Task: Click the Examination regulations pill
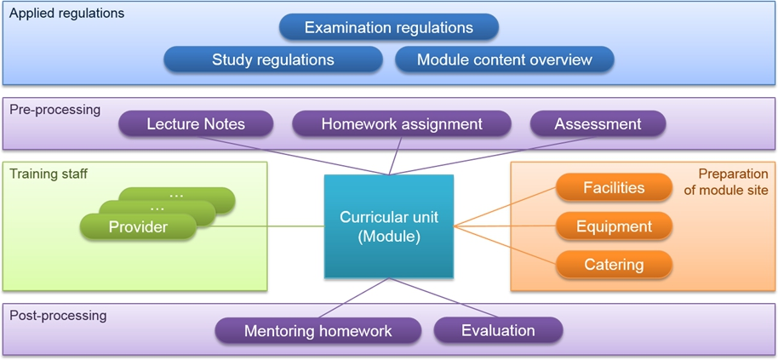(x=388, y=26)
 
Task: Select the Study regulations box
(x=273, y=60)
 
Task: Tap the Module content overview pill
(x=504, y=60)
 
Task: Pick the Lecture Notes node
(x=196, y=123)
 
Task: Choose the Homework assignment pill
(x=402, y=123)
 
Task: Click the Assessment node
(x=598, y=123)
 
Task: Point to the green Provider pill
(x=138, y=227)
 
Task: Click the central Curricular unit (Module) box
(x=388, y=226)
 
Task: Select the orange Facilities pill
(x=614, y=187)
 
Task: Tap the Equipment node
(x=614, y=226)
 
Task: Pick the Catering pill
(x=614, y=265)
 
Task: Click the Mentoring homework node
(x=318, y=330)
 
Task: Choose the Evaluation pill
(x=498, y=330)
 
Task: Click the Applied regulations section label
(x=67, y=14)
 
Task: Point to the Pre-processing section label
(x=55, y=110)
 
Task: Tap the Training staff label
(x=49, y=174)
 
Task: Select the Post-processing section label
(x=58, y=316)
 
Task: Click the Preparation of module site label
(x=726, y=181)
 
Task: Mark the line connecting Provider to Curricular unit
(x=260, y=226)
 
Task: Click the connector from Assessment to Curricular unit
(x=493, y=156)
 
